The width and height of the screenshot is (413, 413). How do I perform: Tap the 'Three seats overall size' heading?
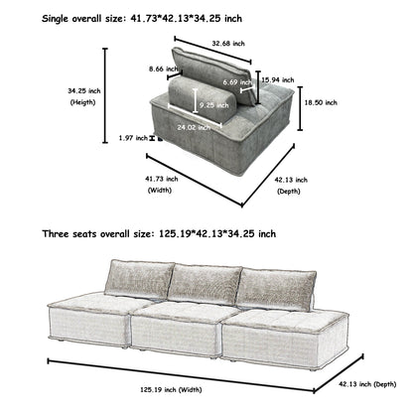coord(159,234)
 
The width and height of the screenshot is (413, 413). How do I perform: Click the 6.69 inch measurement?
coord(237,81)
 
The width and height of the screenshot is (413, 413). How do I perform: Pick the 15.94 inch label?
coord(280,78)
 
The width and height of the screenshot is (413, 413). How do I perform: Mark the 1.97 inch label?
coord(130,137)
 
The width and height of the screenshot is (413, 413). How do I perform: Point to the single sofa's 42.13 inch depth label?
coord(289,184)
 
